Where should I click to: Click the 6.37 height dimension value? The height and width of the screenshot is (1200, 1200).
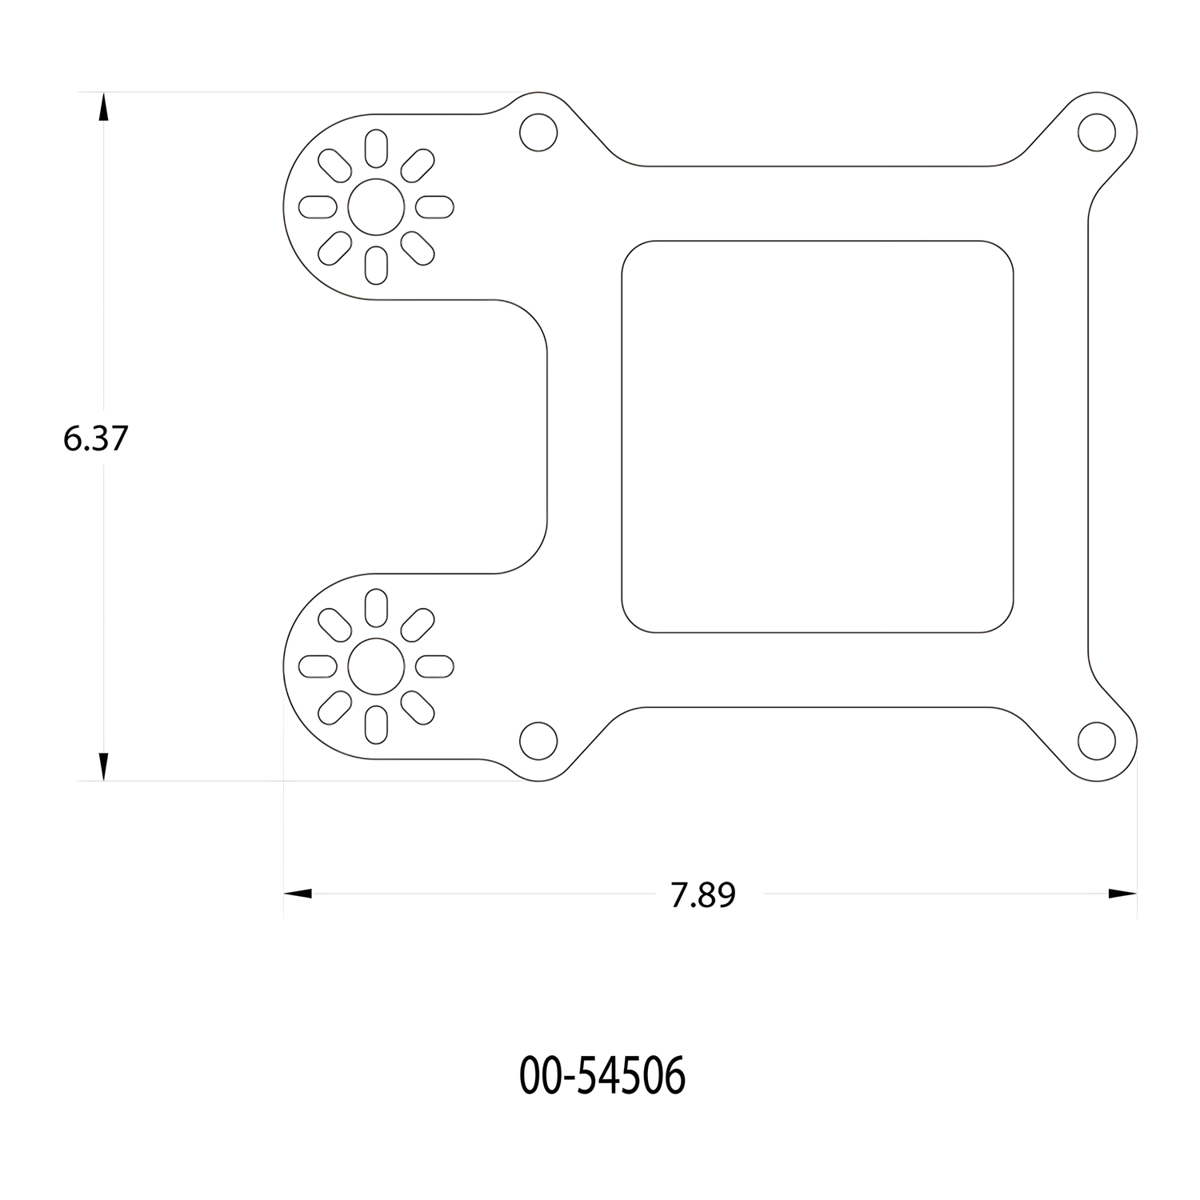[x=96, y=438]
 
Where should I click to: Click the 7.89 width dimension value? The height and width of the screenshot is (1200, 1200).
[x=703, y=896]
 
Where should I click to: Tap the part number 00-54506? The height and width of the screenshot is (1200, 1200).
[x=603, y=1077]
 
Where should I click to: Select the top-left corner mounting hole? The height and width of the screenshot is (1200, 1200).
[x=538, y=133]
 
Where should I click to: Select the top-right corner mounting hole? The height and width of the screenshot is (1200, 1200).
[x=1096, y=133]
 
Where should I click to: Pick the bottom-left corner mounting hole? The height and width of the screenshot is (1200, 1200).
[x=538, y=741]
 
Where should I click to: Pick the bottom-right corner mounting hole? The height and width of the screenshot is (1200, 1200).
[x=1096, y=741]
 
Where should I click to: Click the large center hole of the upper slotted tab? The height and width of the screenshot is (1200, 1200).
[x=376, y=207]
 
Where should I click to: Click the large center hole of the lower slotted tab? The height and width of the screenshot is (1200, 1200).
[x=376, y=666]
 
